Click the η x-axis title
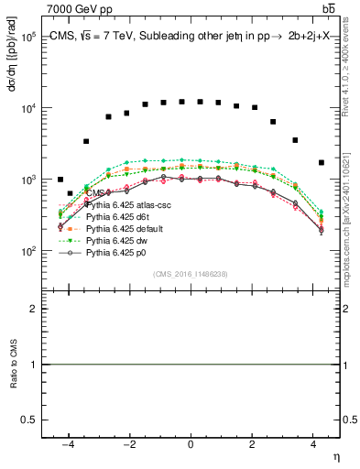335,456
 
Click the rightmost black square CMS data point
321,162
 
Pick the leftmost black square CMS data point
60,180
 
